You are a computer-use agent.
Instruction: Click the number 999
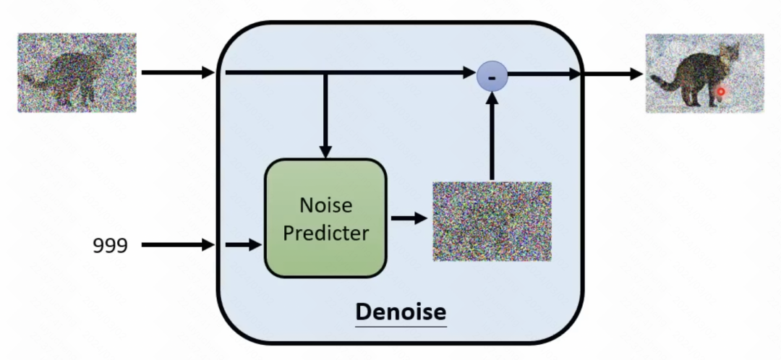point(110,246)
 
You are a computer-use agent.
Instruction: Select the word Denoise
point(401,312)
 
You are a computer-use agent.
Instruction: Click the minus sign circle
point(492,75)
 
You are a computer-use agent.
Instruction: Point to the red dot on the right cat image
point(720,92)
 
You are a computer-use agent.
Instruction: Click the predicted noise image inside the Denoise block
point(492,221)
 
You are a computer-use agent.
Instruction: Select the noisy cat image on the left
point(77,72)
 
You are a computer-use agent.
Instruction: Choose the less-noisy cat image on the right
point(704,73)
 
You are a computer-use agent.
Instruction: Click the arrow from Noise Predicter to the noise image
point(409,218)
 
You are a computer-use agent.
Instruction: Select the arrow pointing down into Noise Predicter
point(325,116)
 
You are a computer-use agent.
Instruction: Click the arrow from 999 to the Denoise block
point(178,246)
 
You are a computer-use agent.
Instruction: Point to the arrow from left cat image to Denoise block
point(178,72)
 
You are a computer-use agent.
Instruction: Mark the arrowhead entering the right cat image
point(636,74)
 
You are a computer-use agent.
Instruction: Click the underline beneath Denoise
point(401,326)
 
